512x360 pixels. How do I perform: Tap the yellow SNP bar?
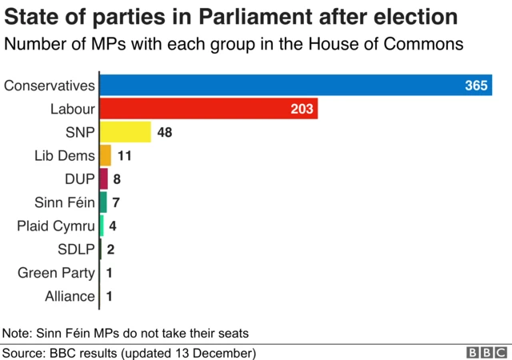125,132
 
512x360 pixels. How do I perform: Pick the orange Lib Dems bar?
105,155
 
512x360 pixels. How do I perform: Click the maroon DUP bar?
103,179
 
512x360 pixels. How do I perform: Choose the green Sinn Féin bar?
102,202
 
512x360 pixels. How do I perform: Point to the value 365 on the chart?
477,86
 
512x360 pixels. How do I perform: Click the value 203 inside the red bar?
302,109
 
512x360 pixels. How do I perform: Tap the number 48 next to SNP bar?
165,132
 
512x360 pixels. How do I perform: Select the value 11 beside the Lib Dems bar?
124,155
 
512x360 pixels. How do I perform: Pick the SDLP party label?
76,250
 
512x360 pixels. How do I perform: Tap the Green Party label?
56,273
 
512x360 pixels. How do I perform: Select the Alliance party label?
70,296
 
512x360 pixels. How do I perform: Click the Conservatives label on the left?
50,86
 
